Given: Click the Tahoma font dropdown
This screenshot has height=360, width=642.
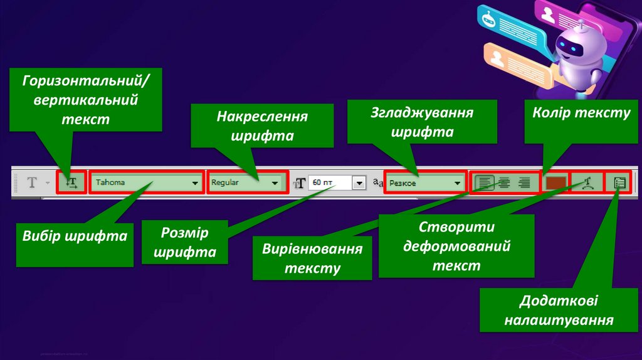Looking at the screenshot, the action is point(146,183).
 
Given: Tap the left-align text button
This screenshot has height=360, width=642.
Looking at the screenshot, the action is point(485,183).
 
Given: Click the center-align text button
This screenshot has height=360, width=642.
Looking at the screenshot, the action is point(504,183).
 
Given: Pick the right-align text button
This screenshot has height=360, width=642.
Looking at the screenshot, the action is point(524,183).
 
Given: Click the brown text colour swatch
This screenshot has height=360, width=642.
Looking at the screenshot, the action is point(555,183).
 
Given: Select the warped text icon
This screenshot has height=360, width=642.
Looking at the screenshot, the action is point(587,183).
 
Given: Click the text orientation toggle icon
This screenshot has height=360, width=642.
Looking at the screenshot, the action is point(71,183).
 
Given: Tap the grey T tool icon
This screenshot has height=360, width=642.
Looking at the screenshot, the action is point(32,183).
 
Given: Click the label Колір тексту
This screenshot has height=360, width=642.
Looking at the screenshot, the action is point(581,113).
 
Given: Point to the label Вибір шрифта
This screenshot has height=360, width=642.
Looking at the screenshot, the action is point(75,236).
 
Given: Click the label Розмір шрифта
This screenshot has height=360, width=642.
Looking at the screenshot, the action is point(184,243).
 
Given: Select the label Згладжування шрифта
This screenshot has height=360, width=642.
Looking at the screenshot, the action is point(421,123).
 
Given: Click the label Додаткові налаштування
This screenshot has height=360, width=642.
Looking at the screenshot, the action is point(558,310).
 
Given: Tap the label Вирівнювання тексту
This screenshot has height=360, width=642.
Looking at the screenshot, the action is point(312,258).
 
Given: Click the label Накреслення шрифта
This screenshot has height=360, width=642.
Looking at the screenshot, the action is point(263,126).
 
